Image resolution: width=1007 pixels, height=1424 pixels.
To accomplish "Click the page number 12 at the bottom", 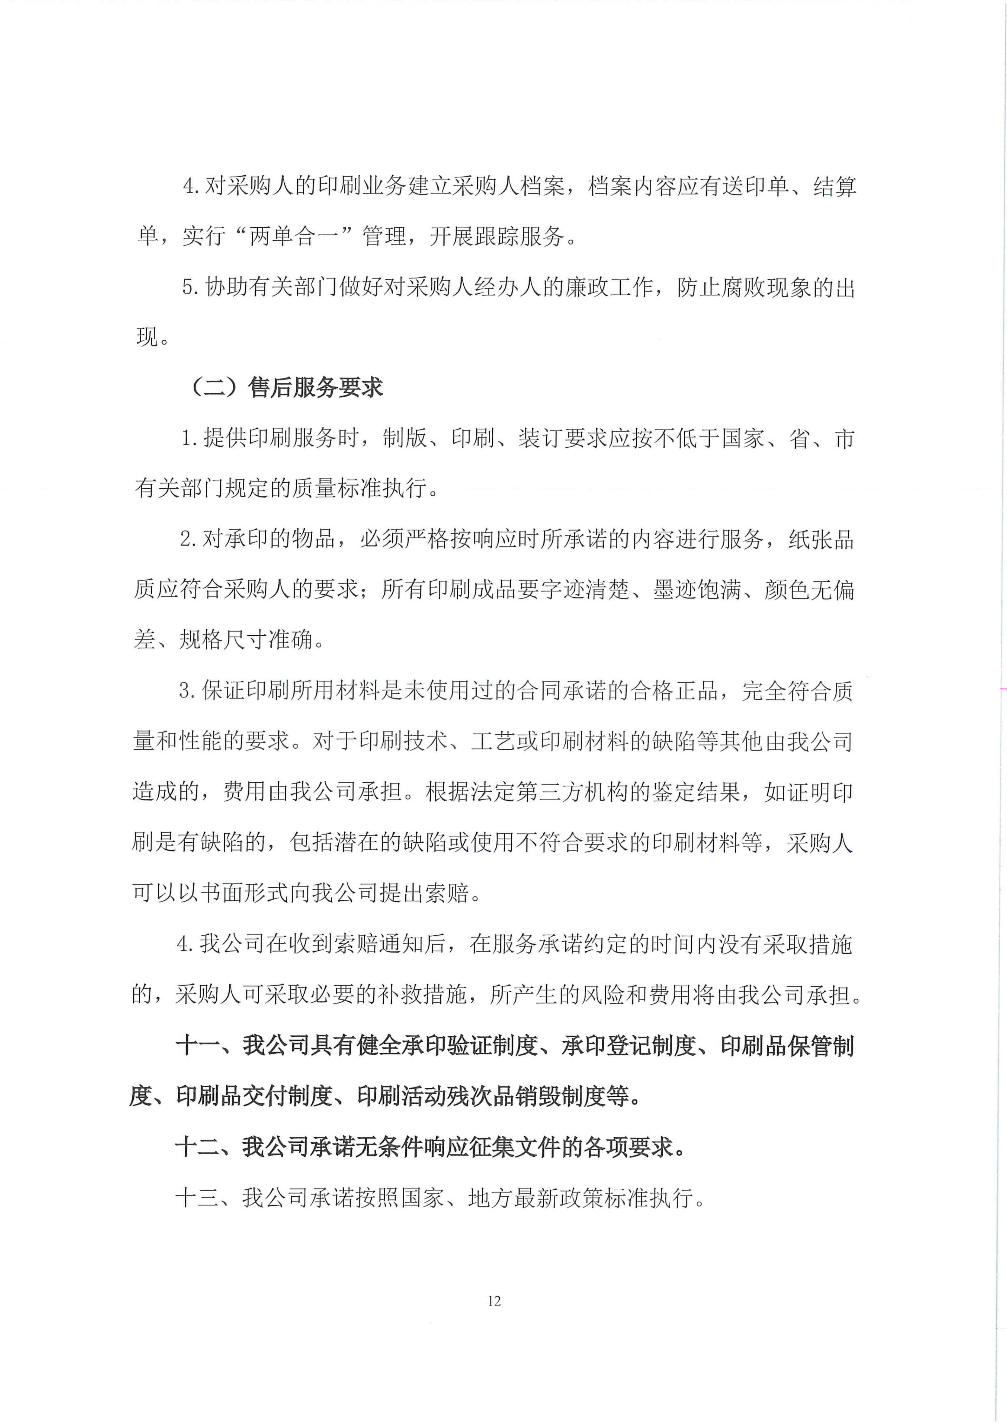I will coord(494,1300).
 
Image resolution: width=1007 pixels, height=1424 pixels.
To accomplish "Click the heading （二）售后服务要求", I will coord(287,388).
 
